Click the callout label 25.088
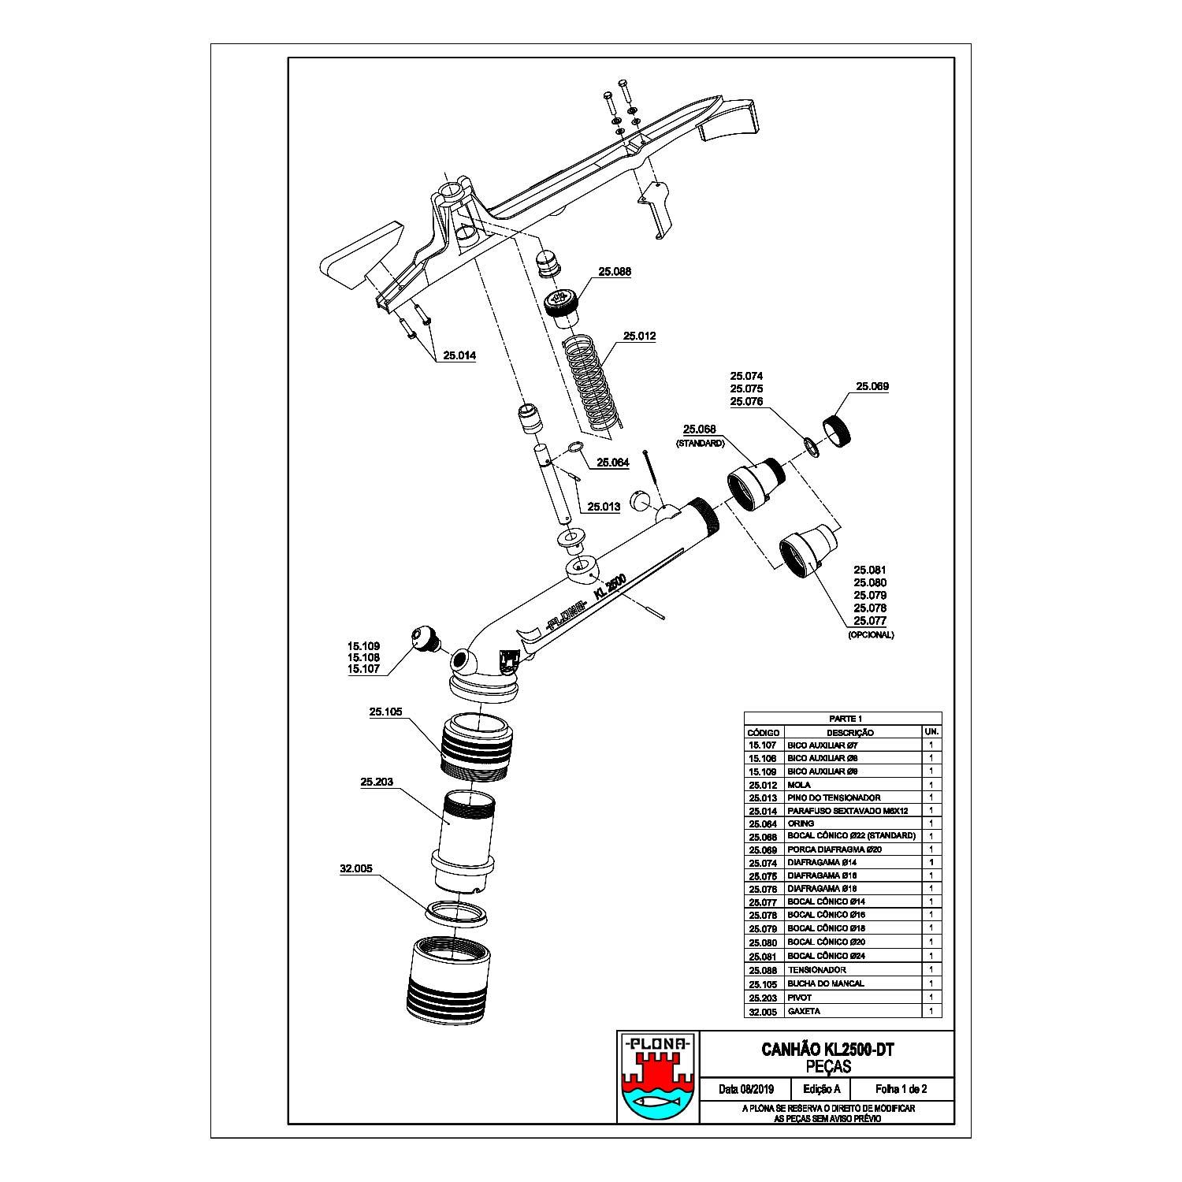[615, 271]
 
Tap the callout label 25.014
[459, 355]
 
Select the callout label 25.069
[872, 387]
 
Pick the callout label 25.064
[612, 463]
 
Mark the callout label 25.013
[604, 507]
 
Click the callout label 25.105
[385, 712]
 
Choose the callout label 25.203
[376, 782]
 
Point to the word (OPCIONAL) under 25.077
[871, 634]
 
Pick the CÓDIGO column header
[763, 733]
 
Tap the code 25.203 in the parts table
[763, 998]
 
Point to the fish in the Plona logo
[656, 1102]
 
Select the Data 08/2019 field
[745, 1090]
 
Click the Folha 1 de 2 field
[901, 1090]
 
